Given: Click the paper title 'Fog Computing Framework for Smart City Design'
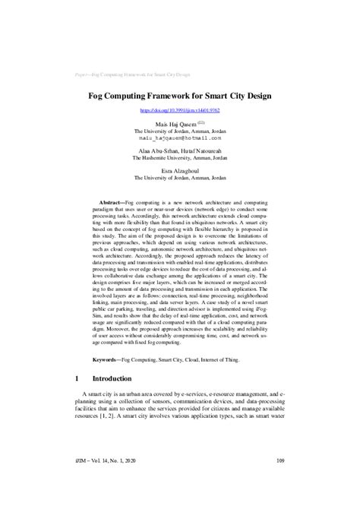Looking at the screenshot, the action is (x=179, y=97).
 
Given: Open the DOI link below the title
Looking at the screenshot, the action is (x=179, y=111).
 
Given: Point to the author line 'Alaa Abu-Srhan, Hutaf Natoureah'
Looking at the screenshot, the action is (x=179, y=151).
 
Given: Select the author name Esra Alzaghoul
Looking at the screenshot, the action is (x=179, y=171).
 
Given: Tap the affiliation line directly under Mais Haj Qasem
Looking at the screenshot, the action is (x=179, y=131).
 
